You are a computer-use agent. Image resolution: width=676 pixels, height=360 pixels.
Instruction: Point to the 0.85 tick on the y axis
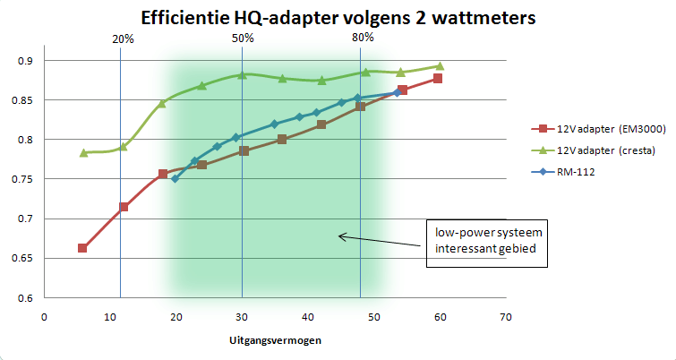coord(24,100)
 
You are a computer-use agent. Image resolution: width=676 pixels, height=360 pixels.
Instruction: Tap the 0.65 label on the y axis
coord(24,259)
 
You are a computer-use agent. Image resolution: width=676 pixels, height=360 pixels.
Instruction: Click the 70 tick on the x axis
coord(506,316)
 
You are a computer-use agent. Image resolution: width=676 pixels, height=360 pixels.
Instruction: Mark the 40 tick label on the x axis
coord(308,316)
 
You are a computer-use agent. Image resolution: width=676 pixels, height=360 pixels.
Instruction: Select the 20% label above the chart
coord(124,39)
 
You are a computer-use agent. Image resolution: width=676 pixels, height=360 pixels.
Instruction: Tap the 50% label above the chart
coord(243,39)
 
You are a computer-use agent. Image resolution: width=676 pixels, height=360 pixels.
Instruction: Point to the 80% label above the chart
coord(363,39)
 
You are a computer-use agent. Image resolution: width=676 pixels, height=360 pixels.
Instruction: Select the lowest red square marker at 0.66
coord(82,248)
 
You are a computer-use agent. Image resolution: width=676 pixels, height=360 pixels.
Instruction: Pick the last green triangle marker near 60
coord(440,65)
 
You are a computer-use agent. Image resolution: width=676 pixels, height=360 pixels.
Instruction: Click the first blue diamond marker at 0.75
coord(175,179)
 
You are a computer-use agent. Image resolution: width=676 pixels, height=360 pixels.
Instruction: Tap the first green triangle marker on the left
coord(83,153)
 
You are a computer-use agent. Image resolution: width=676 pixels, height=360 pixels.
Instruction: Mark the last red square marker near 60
coord(438,79)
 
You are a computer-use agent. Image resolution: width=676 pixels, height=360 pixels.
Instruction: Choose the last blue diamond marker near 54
coord(398,92)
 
